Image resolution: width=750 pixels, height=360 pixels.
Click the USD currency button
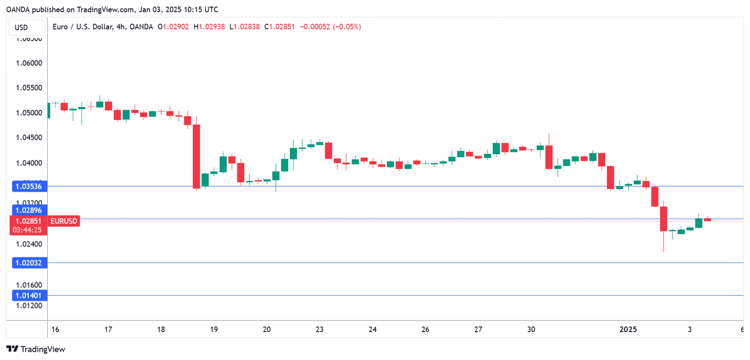21,27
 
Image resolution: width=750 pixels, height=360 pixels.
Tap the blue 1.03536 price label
29,186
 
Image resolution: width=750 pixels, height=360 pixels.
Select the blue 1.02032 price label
29,263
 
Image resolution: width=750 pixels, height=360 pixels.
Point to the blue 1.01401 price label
29,295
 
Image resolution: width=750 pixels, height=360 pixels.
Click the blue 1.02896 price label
29,210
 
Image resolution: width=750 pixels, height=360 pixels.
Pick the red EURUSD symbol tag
64,221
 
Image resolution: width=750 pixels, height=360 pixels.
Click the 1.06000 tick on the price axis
28,63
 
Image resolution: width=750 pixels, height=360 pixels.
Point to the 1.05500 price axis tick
28,88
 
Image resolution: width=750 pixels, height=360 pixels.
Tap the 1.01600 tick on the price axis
28,285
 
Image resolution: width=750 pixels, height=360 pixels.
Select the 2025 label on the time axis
628,329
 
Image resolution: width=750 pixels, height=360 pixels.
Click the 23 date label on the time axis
320,329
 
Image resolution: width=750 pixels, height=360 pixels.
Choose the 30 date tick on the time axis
531,329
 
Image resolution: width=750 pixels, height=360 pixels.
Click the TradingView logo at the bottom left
35,349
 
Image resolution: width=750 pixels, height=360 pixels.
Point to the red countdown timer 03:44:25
29,230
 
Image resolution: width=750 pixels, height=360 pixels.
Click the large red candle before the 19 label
197,156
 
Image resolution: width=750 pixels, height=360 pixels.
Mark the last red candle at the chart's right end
707,219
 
